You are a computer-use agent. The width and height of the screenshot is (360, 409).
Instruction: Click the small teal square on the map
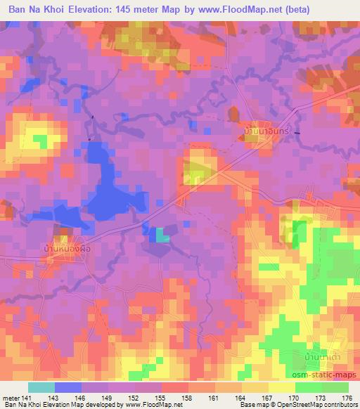162,236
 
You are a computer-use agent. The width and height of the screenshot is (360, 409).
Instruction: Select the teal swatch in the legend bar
41,387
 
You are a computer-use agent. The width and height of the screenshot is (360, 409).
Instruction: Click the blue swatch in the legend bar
68,387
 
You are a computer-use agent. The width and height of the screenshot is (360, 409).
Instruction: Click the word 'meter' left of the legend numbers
12,397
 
